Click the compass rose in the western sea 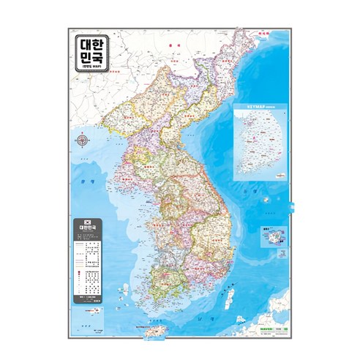click(82, 140)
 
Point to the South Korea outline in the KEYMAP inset click(256, 143)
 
